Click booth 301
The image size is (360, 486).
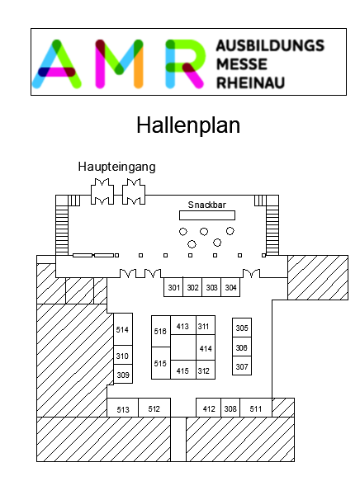click(173, 287)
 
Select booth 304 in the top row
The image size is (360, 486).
click(230, 287)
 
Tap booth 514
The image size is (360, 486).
click(123, 329)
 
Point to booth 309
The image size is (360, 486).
click(123, 374)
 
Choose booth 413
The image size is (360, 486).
click(183, 325)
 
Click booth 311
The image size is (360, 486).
click(206, 325)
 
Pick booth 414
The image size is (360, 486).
click(206, 347)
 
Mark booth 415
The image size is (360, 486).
click(183, 370)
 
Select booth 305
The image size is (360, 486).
click(242, 328)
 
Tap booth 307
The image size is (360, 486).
click(242, 366)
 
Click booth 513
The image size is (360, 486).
click(123, 408)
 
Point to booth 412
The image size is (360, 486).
click(209, 408)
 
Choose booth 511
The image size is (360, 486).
click(256, 408)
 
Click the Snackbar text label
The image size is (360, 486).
click(206, 205)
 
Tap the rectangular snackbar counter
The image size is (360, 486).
click(207, 215)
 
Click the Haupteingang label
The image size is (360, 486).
click(117, 167)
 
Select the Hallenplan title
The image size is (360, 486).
click(188, 125)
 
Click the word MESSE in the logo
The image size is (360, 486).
click(242, 64)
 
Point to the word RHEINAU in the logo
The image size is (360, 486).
click(250, 83)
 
